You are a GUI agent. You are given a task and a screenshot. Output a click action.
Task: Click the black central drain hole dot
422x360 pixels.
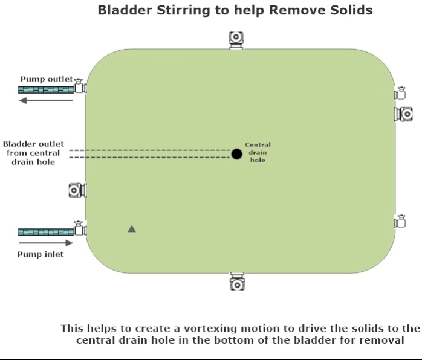236,154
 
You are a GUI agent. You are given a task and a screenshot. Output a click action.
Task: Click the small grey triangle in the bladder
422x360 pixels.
132,228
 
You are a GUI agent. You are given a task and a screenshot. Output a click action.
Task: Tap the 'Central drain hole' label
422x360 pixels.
258,152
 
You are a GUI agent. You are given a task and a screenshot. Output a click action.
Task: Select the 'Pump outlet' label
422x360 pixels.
46,79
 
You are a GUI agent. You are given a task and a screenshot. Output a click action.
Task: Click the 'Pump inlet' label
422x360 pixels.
41,254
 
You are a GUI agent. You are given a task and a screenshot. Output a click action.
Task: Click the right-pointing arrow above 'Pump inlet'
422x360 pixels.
45,243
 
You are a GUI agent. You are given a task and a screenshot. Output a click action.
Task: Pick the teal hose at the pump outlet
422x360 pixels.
45,90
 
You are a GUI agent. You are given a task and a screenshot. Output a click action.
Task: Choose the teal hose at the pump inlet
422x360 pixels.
45,232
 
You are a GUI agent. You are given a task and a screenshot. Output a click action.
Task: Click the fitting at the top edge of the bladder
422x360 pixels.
236,40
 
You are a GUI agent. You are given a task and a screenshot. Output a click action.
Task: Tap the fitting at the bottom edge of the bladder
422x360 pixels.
236,281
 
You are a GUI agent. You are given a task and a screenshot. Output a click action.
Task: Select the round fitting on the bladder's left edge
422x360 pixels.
77,190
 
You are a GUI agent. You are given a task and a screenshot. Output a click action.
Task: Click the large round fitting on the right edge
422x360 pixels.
404,114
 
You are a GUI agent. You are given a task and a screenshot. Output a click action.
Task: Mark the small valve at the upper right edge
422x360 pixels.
400,93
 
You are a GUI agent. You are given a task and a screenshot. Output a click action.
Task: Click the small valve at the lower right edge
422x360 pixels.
400,221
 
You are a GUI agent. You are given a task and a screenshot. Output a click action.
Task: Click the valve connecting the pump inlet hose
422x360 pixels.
80,229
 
